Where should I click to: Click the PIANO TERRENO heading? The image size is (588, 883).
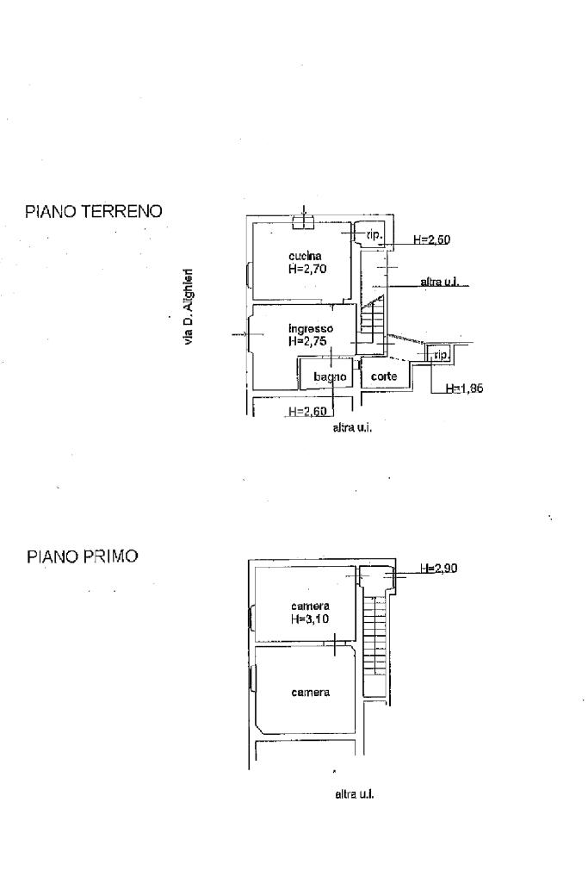[93, 211]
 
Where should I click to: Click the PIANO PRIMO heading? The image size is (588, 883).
[82, 557]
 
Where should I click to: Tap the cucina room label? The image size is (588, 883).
[305, 256]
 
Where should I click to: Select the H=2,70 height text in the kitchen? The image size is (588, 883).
[307, 269]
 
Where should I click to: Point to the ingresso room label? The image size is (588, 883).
[311, 329]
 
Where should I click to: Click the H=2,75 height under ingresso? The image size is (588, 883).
[307, 340]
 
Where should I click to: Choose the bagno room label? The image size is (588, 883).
[330, 376]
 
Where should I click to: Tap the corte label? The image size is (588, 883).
[384, 376]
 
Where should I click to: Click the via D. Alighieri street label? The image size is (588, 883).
[189, 307]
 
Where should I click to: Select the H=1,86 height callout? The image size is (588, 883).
[464, 388]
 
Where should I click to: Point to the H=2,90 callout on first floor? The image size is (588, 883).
[439, 569]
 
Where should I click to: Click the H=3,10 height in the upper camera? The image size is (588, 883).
[310, 619]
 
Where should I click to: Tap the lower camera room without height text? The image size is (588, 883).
[310, 692]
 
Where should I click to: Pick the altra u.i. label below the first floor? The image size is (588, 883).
[354, 794]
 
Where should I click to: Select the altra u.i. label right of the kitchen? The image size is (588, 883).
[439, 281]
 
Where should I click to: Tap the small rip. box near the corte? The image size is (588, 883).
[439, 354]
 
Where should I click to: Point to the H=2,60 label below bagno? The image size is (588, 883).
[307, 412]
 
